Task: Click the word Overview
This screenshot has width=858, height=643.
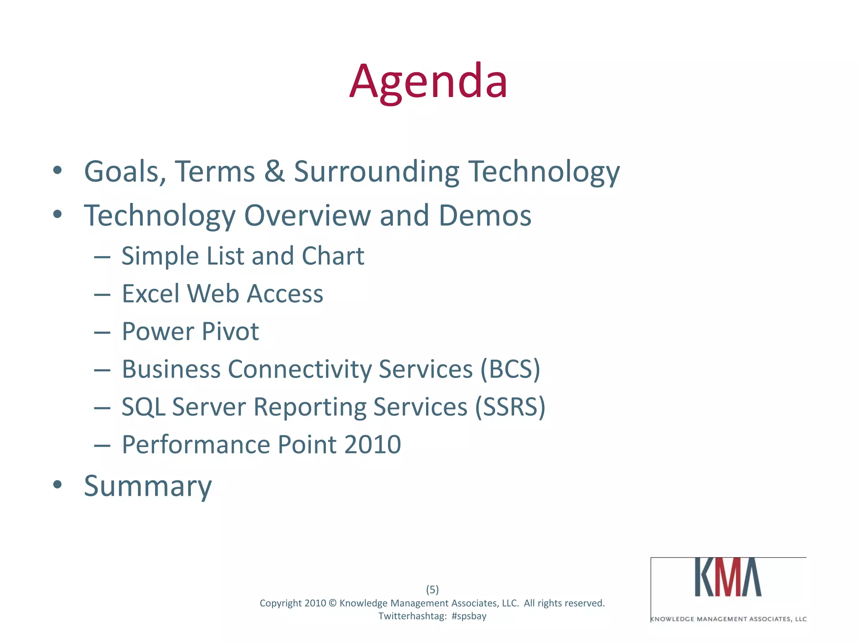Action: click(x=307, y=216)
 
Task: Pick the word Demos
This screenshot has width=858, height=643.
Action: click(x=485, y=216)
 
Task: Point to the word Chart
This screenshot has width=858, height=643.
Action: click(x=333, y=256)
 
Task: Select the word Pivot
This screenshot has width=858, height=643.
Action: click(x=230, y=332)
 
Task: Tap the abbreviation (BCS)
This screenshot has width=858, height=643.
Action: click(x=510, y=369)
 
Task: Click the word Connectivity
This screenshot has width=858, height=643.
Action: click(x=299, y=369)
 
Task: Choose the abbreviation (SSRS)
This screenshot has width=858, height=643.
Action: click(x=510, y=407)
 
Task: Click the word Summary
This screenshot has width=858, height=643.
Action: click(x=148, y=486)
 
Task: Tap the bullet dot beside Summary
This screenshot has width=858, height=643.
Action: click(x=58, y=485)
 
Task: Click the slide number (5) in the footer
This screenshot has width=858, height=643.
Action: click(x=432, y=589)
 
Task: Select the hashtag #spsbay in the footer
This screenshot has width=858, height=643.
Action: click(x=469, y=616)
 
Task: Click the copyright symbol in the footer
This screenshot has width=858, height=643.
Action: click(x=333, y=603)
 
